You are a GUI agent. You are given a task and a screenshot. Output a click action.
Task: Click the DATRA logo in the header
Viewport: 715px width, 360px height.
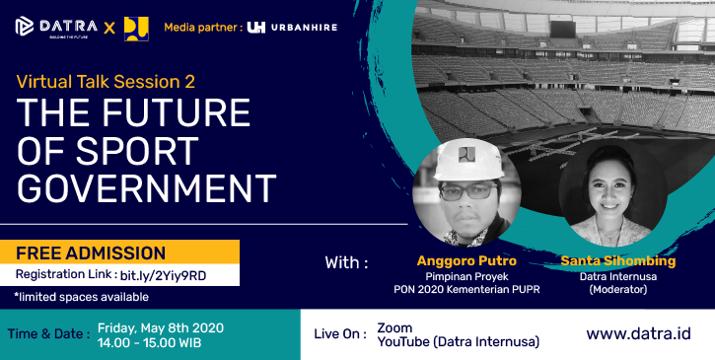coord(57,26)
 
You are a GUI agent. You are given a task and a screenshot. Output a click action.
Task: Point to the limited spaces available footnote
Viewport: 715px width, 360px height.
coord(81,296)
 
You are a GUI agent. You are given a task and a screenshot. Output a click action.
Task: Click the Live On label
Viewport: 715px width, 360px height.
coord(339,334)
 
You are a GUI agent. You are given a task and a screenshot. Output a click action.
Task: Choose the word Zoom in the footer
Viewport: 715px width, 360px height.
coord(394,326)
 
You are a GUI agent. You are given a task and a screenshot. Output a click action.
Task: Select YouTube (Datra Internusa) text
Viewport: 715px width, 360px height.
coord(458,342)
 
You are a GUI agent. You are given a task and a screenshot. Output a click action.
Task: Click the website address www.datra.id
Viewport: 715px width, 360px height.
coord(637,333)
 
